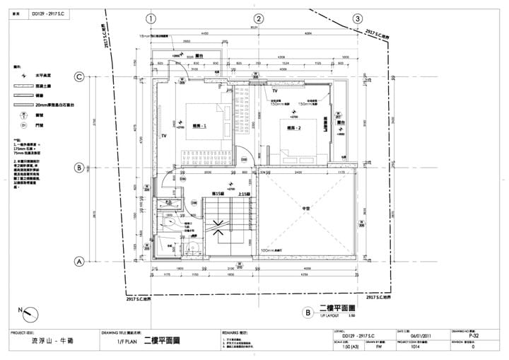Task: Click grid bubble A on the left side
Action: click(80, 261)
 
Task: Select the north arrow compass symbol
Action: click(27, 312)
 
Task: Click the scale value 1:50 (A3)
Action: click(341, 348)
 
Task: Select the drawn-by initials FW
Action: click(379, 348)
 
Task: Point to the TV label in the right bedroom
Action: click(276, 91)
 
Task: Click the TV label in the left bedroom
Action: click(163, 134)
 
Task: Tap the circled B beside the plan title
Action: click(308, 312)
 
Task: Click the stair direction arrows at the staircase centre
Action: click(220, 228)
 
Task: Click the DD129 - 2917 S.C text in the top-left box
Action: click(47, 13)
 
